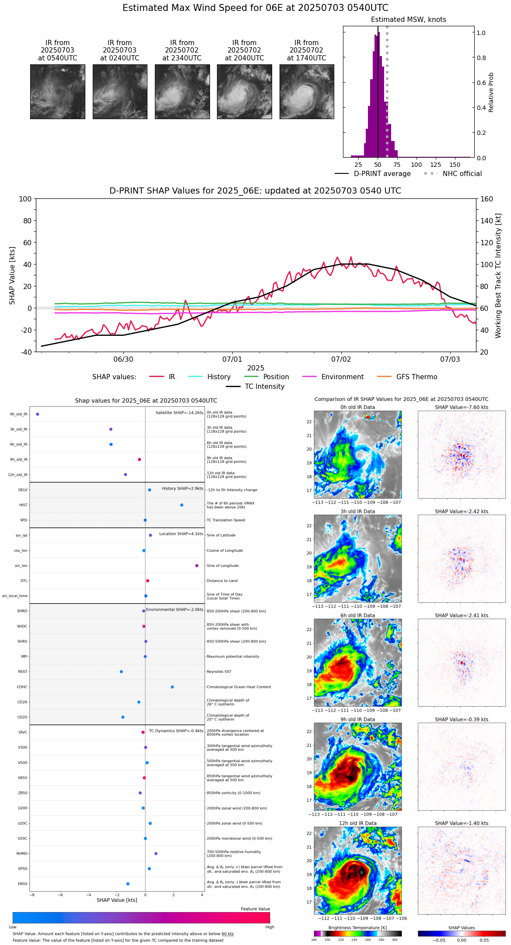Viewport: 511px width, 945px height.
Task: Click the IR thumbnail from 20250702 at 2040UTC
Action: point(244,92)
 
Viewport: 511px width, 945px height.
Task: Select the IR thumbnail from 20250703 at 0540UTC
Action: point(57,92)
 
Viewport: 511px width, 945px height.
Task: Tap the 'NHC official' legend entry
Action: point(462,174)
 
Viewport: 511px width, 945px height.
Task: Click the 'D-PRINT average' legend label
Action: point(382,174)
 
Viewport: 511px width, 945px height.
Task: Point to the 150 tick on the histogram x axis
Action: point(455,165)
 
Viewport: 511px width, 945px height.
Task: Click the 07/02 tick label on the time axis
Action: point(341,360)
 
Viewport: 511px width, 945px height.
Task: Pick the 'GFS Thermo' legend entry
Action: point(416,377)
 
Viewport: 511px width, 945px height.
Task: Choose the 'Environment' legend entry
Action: point(342,377)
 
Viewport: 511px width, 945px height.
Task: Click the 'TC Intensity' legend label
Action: point(264,387)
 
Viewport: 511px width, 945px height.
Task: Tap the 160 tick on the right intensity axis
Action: point(487,199)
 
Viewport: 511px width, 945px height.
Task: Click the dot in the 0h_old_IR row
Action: point(38,414)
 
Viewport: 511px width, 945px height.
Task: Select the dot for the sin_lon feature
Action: point(197,565)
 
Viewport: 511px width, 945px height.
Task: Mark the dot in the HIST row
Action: point(182,505)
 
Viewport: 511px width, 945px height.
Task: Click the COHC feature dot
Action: point(172,687)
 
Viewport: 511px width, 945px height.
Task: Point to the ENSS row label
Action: point(22,884)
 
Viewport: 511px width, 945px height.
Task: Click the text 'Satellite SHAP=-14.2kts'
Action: point(179,413)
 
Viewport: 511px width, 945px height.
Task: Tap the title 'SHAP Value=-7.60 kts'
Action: point(462,407)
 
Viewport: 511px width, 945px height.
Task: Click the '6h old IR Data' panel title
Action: point(357,615)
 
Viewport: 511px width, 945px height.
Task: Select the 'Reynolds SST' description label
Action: point(219,671)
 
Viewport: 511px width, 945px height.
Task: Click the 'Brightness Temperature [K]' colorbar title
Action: point(357,927)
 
